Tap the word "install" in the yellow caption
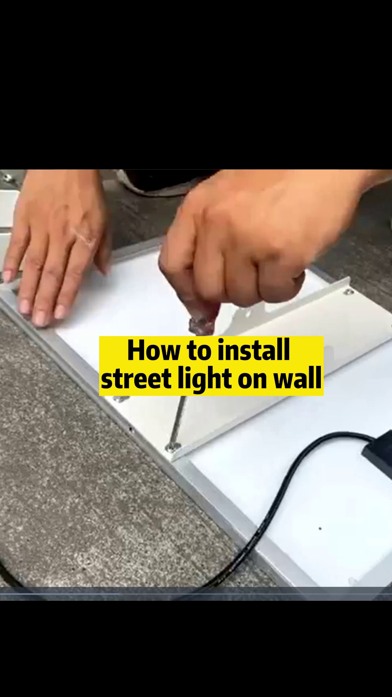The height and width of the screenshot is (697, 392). (x=254, y=350)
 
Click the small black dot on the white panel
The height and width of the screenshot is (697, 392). (x=320, y=529)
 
